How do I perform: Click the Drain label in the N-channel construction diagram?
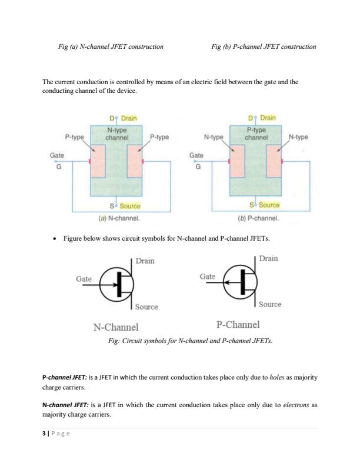click(129, 118)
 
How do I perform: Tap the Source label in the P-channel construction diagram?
click(269, 205)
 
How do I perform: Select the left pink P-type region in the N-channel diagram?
click(99, 161)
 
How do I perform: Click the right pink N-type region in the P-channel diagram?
click(274, 161)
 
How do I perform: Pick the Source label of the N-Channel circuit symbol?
click(146, 307)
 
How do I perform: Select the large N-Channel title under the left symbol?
click(116, 327)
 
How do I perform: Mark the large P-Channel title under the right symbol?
click(238, 325)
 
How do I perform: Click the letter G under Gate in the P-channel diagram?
click(198, 167)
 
